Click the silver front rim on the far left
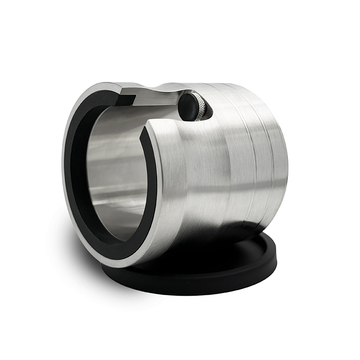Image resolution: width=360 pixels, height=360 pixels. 65,166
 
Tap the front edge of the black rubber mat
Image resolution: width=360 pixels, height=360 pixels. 189,288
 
